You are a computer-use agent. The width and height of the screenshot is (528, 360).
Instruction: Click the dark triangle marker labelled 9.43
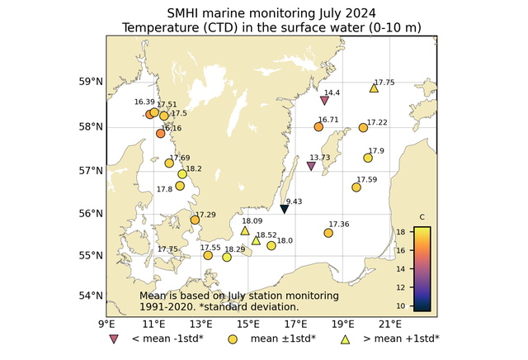click(x=285, y=210)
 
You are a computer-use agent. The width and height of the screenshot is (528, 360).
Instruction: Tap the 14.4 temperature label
click(x=332, y=92)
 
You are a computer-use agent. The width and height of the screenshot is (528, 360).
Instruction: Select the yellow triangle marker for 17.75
click(x=374, y=88)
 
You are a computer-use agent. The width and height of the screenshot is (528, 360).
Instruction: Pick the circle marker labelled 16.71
click(x=318, y=126)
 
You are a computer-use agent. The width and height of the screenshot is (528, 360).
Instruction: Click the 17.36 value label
click(x=338, y=224)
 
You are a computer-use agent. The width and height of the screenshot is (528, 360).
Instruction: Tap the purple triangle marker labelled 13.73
click(x=311, y=166)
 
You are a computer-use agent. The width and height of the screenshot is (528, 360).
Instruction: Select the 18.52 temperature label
click(x=267, y=234)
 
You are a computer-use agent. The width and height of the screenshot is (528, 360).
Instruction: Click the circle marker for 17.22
click(x=364, y=127)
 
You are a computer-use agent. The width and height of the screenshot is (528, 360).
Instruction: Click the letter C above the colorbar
click(x=422, y=217)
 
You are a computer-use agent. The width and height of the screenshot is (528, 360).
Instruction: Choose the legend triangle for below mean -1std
click(x=113, y=339)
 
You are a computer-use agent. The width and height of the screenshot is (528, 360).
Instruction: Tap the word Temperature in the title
click(x=162, y=28)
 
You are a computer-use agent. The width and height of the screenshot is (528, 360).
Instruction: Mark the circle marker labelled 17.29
click(x=195, y=220)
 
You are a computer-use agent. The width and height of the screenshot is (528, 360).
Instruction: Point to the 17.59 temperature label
click(x=367, y=179)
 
